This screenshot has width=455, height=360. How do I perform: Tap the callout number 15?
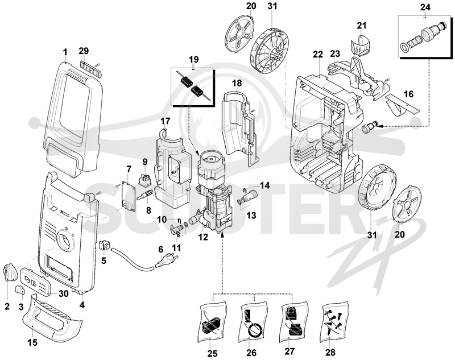(32, 342)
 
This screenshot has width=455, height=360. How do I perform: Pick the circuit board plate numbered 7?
(129, 196)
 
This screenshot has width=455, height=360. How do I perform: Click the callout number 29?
(84, 51)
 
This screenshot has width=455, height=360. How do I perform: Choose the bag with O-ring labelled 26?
(253, 321)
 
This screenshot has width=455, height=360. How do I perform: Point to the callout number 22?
(318, 54)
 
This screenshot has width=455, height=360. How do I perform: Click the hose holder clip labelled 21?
(361, 45)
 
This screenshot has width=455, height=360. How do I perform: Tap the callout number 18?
(237, 83)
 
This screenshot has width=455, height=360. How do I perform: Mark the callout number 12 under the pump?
(203, 237)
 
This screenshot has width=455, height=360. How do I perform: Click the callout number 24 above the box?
(425, 7)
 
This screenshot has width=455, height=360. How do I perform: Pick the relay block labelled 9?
(145, 179)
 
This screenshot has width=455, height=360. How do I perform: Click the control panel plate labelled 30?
(37, 281)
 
